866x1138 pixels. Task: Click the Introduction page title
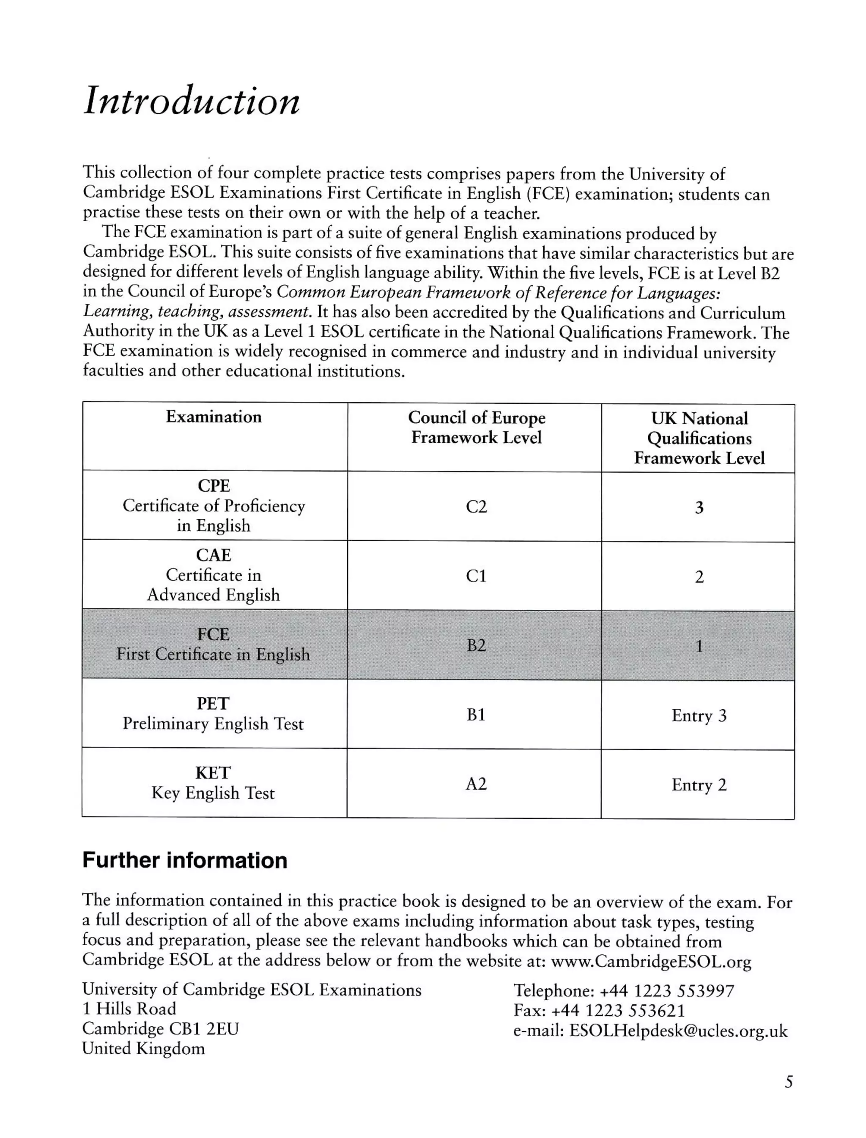tap(191, 101)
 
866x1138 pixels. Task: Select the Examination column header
tap(214, 417)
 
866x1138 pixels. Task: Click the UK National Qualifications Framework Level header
tap(699, 438)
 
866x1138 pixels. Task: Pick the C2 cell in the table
tap(476, 507)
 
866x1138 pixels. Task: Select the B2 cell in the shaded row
tap(476, 645)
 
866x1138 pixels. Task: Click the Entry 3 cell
tap(699, 716)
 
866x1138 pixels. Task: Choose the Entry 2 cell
tap(699, 784)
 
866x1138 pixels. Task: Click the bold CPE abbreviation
tap(214, 485)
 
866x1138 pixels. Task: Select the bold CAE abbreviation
tap(214, 555)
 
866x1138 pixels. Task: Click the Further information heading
tap(184, 861)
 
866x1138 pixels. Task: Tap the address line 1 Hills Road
tap(129, 1009)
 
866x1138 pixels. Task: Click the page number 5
tap(788, 1082)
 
